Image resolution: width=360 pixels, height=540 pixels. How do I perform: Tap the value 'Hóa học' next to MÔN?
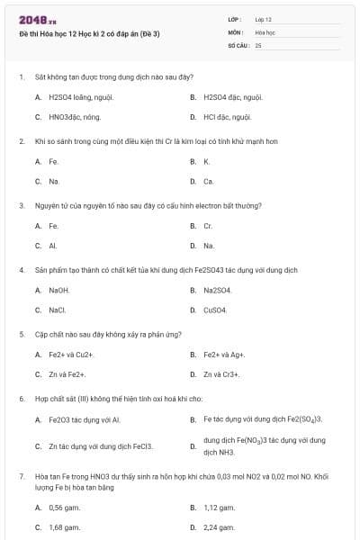click(265, 31)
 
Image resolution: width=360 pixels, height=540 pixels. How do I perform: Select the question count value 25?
click(258, 44)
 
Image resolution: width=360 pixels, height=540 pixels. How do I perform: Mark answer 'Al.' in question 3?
click(53, 246)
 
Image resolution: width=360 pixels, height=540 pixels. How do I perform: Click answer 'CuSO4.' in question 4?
click(215, 310)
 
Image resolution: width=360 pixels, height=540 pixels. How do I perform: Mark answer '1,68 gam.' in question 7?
click(65, 527)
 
